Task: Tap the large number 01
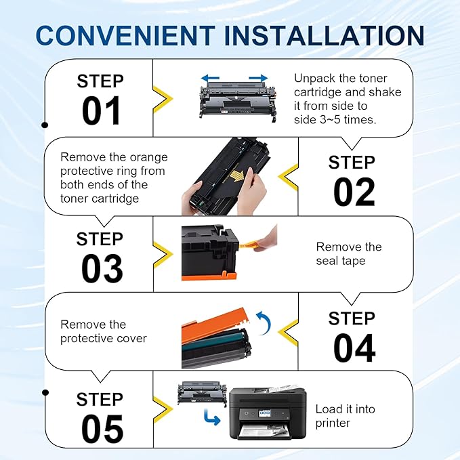tap(101, 111)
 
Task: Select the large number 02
tap(353, 192)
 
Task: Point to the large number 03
tap(101, 269)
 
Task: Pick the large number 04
tap(353, 348)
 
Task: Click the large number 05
tap(101, 428)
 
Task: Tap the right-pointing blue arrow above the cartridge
tap(255, 78)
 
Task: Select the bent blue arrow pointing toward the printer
tap(212, 419)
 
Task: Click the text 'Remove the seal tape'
tap(349, 254)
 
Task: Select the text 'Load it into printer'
tap(345, 416)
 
